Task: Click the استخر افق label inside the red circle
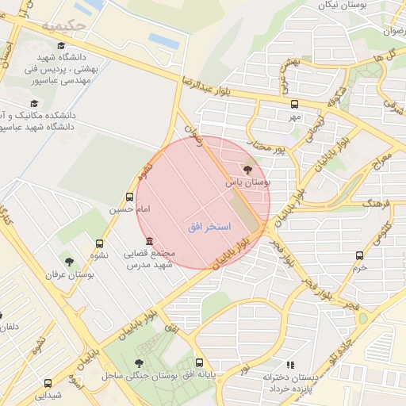pyautogui.click(x=209, y=227)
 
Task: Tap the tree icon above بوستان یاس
pyautogui.click(x=247, y=170)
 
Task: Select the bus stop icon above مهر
pyautogui.click(x=295, y=104)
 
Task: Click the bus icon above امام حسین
pyautogui.click(x=129, y=197)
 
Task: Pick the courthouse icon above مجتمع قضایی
pyautogui.click(x=148, y=241)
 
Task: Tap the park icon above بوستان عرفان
pyautogui.click(x=69, y=261)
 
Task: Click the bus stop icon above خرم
pyautogui.click(x=360, y=255)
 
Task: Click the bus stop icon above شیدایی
pyautogui.click(x=48, y=383)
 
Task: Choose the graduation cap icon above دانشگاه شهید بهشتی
pyautogui.click(x=62, y=45)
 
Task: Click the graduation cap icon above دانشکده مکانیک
pyautogui.click(x=34, y=103)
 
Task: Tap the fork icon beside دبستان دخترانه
pyautogui.click(x=290, y=365)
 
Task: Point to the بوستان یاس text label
pyautogui.click(x=247, y=182)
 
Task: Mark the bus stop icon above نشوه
pyautogui.click(x=99, y=243)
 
